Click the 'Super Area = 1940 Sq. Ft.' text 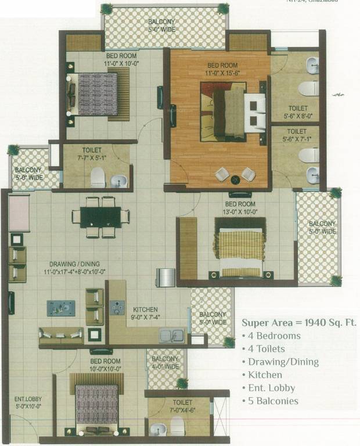[299, 322]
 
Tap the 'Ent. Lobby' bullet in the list [271, 388]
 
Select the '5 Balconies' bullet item [272, 401]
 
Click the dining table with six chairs [100, 217]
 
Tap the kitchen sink [172, 335]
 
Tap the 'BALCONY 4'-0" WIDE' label [165, 362]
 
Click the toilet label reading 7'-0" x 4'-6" [182, 405]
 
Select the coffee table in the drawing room [61, 307]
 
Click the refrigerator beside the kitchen [165, 277]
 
